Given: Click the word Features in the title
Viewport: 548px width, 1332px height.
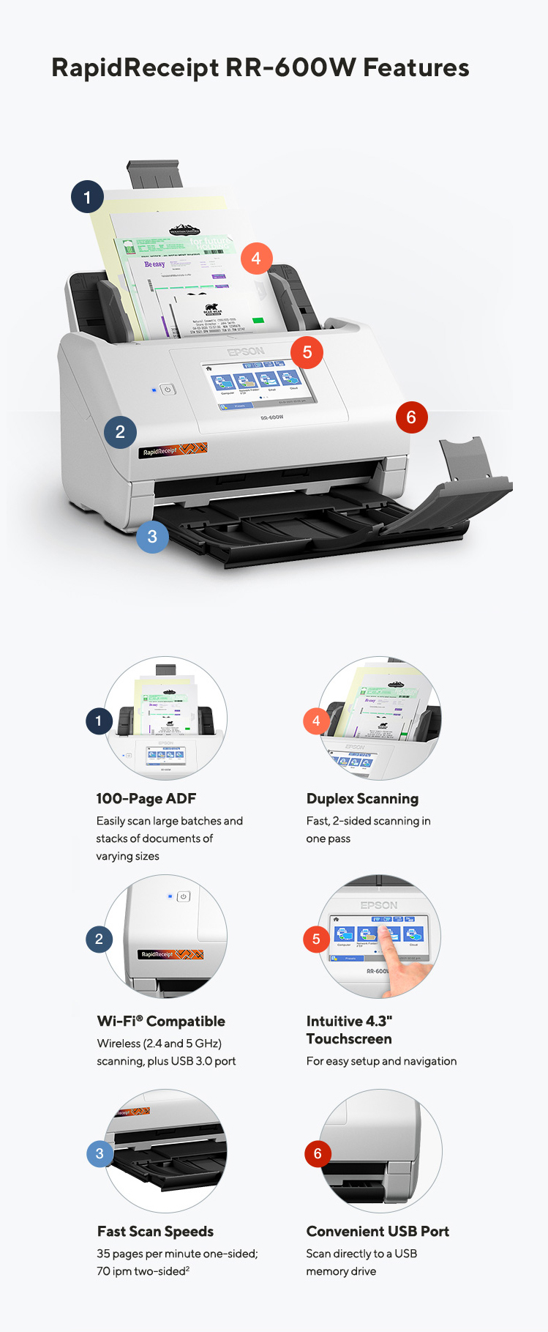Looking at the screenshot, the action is tap(416, 67).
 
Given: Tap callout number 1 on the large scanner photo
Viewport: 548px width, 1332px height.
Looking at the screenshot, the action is tap(87, 197).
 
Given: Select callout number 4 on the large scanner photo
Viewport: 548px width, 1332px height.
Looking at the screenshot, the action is tap(256, 258).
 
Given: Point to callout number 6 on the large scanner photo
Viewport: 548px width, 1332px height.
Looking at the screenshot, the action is tap(411, 417).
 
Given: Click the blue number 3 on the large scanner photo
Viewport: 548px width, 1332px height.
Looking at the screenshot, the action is tap(152, 537).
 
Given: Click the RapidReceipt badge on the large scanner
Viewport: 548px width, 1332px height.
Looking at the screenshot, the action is tap(173, 450).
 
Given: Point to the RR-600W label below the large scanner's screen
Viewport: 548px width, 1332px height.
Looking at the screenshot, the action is tap(271, 417).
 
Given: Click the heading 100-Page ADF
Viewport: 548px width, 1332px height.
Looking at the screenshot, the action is tap(146, 799).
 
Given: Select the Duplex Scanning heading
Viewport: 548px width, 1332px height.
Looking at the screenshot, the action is tap(362, 799).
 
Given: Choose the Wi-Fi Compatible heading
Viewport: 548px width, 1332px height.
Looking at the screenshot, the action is tap(161, 1022).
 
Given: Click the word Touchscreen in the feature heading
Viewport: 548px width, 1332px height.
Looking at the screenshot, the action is tap(349, 1039).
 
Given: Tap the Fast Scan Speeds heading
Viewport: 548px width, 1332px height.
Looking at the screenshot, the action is tap(155, 1232).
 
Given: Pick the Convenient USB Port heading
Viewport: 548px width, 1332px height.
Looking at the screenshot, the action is tap(378, 1232).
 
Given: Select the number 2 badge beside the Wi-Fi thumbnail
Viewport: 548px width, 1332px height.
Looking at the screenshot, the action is tap(100, 939).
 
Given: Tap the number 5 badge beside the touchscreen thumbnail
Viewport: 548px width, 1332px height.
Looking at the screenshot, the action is tap(316, 939).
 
